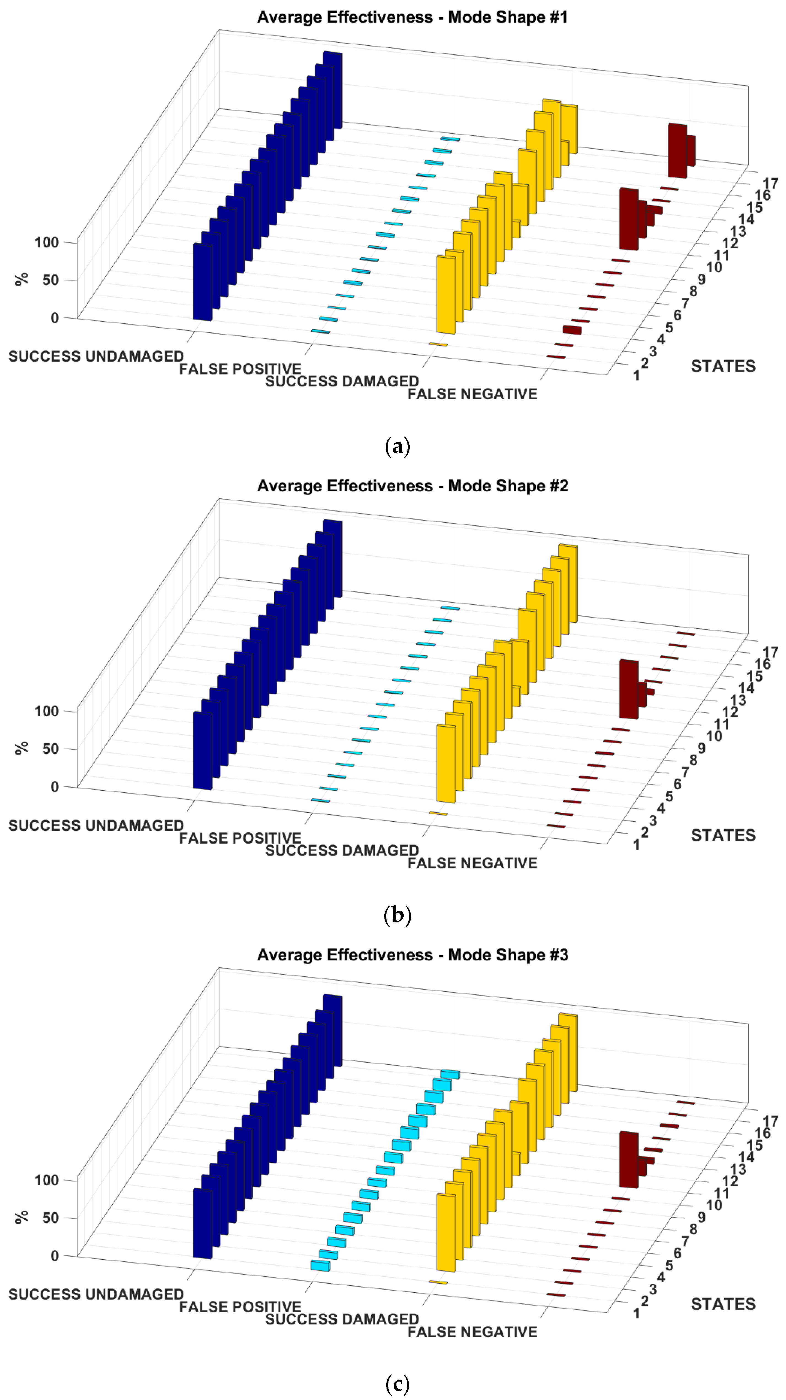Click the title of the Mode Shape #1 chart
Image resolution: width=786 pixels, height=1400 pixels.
(412, 17)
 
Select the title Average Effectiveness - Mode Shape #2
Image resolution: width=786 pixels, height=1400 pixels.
(412, 486)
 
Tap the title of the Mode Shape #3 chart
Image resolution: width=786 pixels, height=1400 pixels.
(412, 955)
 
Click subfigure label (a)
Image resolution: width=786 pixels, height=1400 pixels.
(397, 447)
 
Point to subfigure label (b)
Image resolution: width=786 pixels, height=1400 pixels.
(397, 915)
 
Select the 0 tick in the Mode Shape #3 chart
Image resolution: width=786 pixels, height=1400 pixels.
(54, 1255)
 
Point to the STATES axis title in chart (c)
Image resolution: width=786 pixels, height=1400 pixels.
(723, 1304)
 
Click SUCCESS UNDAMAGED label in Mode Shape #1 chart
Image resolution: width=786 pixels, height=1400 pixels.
(96, 357)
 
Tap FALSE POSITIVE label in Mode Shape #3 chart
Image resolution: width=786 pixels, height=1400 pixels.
(240, 1307)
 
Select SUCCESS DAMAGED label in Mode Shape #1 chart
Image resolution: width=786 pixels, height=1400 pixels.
(342, 381)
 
